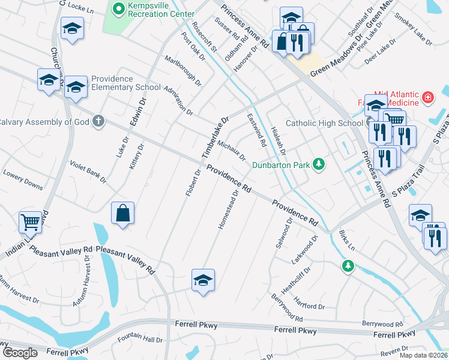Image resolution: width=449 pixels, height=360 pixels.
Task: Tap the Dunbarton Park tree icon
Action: click(320, 164)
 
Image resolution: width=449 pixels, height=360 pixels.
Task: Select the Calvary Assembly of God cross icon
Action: click(99, 122)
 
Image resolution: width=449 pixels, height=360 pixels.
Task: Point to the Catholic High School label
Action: click(324, 124)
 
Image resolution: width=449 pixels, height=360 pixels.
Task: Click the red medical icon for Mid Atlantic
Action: click(428, 97)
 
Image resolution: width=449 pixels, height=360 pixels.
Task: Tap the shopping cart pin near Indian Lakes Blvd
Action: click(30, 223)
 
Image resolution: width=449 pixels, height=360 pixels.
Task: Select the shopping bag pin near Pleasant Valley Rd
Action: click(122, 213)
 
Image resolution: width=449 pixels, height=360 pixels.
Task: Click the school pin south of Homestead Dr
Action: click(203, 280)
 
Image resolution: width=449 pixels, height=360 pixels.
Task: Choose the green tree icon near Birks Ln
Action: click(347, 265)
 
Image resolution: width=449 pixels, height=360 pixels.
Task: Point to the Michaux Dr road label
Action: click(232, 151)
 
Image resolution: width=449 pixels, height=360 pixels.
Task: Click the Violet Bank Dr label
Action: click(88, 172)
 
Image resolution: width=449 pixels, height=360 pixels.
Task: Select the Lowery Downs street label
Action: click(23, 179)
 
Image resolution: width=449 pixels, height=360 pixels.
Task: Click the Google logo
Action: click(20, 352)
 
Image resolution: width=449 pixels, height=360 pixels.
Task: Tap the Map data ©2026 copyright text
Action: click(423, 355)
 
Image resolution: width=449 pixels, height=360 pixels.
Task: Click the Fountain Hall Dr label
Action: click(140, 340)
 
